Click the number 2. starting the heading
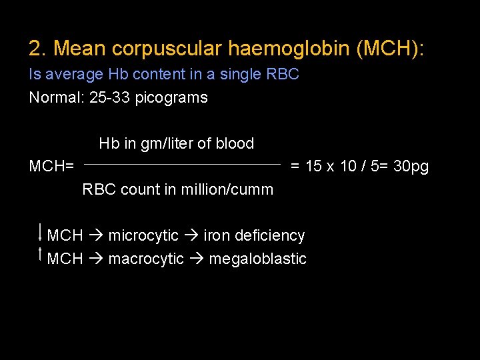click(38, 48)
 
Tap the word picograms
click(171, 97)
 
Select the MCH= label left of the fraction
click(51, 165)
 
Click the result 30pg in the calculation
click(411, 166)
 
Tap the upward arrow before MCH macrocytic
click(41, 255)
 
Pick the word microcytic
click(143, 235)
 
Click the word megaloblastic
click(258, 259)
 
